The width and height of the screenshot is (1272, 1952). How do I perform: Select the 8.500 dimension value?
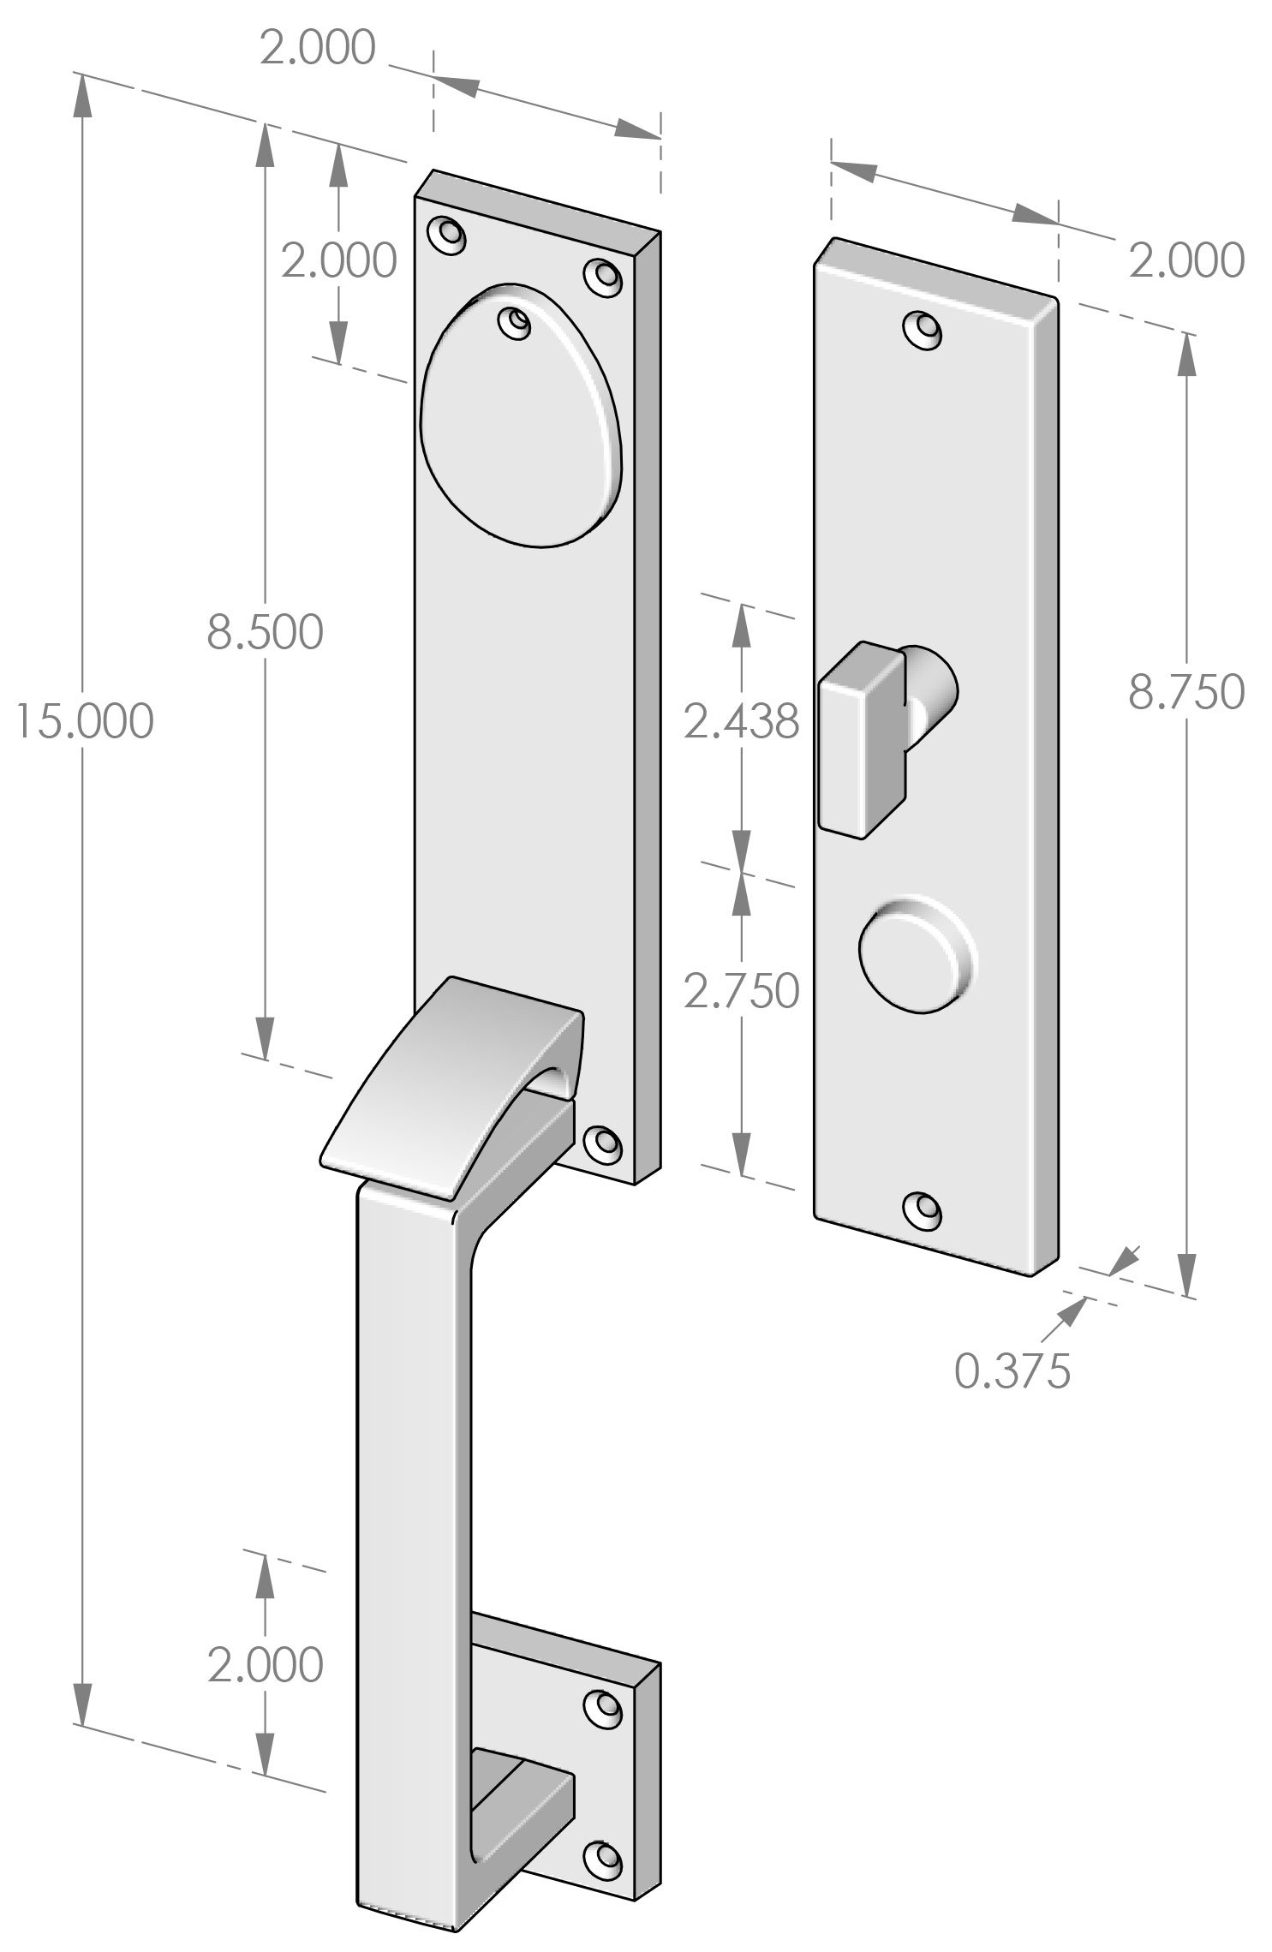pyautogui.click(x=265, y=632)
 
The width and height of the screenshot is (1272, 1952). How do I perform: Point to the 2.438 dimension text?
pyautogui.click(x=741, y=723)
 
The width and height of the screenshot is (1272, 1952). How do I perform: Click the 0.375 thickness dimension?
pyautogui.click(x=1012, y=1370)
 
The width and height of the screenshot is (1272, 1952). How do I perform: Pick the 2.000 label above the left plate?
pyautogui.click(x=317, y=49)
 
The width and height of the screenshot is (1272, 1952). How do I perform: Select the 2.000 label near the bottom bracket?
pyautogui.click(x=265, y=1664)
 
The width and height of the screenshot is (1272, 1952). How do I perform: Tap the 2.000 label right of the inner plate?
pyautogui.click(x=1185, y=260)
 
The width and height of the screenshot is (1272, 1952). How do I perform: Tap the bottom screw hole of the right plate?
pyautogui.click(x=923, y=1208)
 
